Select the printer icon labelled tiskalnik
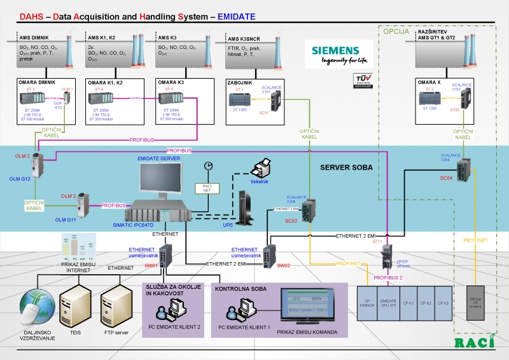pos(261,170)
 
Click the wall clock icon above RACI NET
pos(207,166)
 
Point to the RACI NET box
pos(206,188)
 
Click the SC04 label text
pos(447,179)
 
